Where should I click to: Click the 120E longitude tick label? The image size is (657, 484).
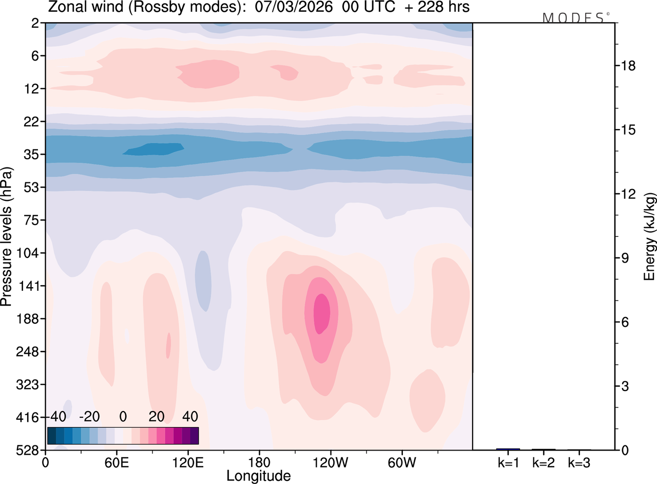coord(187,462)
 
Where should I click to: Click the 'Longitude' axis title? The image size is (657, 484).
coord(259,475)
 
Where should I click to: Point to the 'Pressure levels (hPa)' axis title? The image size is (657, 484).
coord(7,236)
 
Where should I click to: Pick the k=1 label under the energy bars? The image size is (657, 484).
coord(508,462)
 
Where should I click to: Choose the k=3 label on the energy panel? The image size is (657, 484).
coord(579,462)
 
